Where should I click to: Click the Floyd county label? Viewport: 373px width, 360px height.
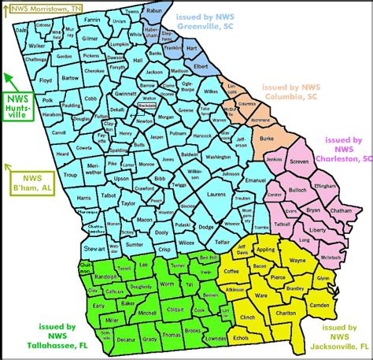46,80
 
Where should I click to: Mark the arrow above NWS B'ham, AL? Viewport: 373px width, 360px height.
9,167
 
